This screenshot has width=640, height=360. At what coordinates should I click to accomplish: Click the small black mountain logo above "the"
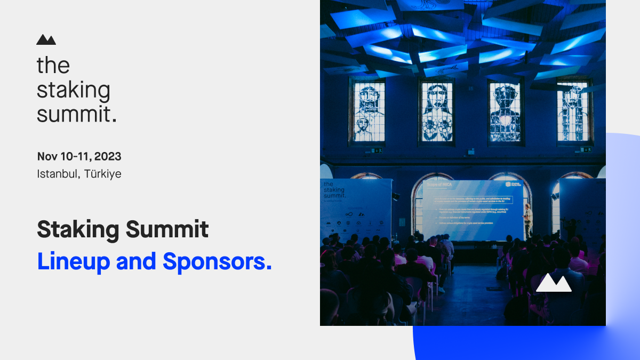pyautogui.click(x=46, y=39)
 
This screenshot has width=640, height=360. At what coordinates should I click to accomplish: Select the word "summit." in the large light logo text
pyautogui.click(x=76, y=114)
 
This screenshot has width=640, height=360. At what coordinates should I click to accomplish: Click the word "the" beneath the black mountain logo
pyautogui.click(x=53, y=66)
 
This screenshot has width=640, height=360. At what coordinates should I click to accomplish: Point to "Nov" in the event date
pyautogui.click(x=47, y=157)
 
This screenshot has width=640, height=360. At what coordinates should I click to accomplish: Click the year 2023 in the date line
pyautogui.click(x=108, y=157)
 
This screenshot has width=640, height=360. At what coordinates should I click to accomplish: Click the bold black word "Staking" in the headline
pyautogui.click(x=77, y=230)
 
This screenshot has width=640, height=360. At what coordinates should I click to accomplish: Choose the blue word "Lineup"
pyautogui.click(x=73, y=261)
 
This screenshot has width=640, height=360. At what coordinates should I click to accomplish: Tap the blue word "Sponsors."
pyautogui.click(x=218, y=261)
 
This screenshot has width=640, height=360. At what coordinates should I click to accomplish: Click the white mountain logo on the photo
pyautogui.click(x=554, y=283)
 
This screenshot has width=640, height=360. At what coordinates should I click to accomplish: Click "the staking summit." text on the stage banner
pyautogui.click(x=334, y=190)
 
